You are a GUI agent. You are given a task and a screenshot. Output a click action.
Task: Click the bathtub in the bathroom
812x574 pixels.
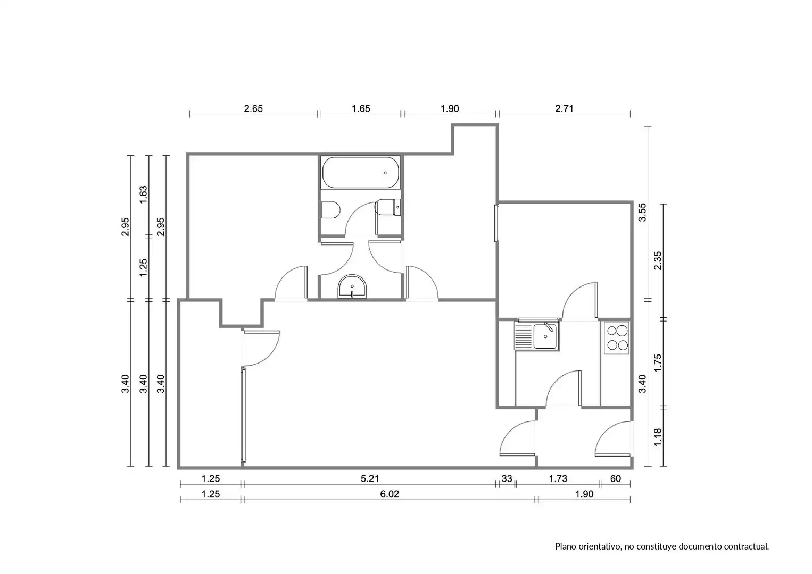[x=361, y=172]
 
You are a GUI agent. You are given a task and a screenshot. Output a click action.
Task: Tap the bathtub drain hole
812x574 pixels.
[x=385, y=173]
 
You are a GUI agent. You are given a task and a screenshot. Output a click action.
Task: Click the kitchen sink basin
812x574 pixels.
[x=545, y=336]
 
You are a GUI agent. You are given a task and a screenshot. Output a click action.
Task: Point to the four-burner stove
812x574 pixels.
[x=617, y=338]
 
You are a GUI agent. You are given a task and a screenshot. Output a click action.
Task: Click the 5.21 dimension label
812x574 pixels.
[x=370, y=479]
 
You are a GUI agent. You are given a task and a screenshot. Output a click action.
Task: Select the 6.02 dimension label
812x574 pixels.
[x=390, y=494]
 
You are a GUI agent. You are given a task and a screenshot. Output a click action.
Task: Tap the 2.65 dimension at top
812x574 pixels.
[x=253, y=108]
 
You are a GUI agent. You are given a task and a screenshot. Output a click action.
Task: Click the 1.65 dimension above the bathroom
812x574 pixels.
[x=361, y=108]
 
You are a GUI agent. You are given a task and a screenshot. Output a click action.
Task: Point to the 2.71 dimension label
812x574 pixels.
[x=565, y=108]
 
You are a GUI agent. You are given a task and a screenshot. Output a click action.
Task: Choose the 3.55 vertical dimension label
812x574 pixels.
[x=642, y=213]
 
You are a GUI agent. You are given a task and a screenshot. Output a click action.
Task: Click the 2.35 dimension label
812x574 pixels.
[x=658, y=261]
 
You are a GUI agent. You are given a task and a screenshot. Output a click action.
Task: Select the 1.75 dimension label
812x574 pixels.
[x=658, y=363]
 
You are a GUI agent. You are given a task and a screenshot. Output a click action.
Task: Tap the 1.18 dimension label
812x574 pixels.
[x=658, y=437]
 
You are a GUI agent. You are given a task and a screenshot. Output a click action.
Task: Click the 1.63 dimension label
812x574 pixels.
[x=144, y=195]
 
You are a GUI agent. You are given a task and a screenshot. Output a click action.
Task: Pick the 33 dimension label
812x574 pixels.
[x=507, y=479]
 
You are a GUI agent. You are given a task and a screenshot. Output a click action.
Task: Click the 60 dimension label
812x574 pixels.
[x=616, y=479]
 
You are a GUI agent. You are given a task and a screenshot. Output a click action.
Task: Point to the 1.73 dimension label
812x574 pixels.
[x=558, y=479]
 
